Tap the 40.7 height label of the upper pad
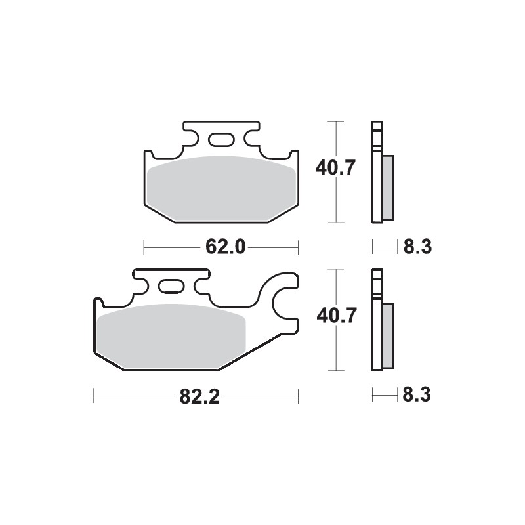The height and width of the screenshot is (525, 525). click(335, 169)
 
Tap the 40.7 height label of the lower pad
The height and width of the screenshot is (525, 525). click(335, 316)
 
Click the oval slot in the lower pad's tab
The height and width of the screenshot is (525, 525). click(171, 286)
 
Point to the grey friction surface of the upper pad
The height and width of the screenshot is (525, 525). click(220, 187)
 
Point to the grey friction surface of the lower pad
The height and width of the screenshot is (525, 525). click(171, 335)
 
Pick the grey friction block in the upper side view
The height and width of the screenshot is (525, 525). click(387, 187)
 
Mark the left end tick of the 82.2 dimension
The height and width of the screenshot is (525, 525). click(94, 396)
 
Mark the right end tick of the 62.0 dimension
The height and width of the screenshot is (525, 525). click(299, 247)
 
